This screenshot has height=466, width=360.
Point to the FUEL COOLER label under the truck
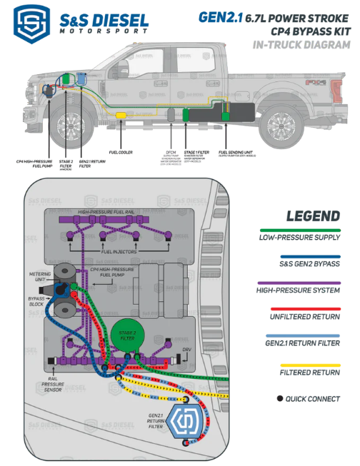click(x=121, y=152)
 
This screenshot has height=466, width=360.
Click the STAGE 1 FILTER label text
click(x=196, y=152)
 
